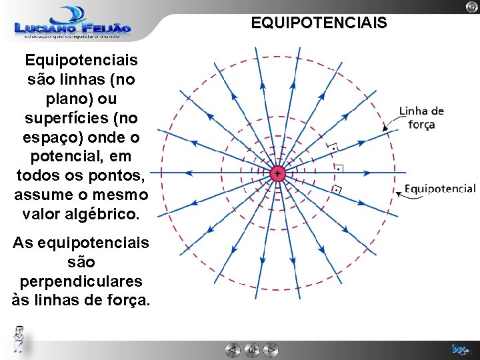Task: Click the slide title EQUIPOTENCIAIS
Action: click(318, 23)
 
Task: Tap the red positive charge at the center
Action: click(277, 174)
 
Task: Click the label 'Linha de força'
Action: click(421, 117)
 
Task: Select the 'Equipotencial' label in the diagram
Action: click(440, 189)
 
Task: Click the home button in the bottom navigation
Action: click(251, 349)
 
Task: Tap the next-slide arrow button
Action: click(270, 349)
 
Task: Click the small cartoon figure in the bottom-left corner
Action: click(20, 339)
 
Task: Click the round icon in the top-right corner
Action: click(471, 6)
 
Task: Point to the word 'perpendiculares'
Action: click(81, 281)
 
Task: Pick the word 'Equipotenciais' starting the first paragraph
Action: click(81, 61)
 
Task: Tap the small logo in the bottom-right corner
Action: click(460, 349)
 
